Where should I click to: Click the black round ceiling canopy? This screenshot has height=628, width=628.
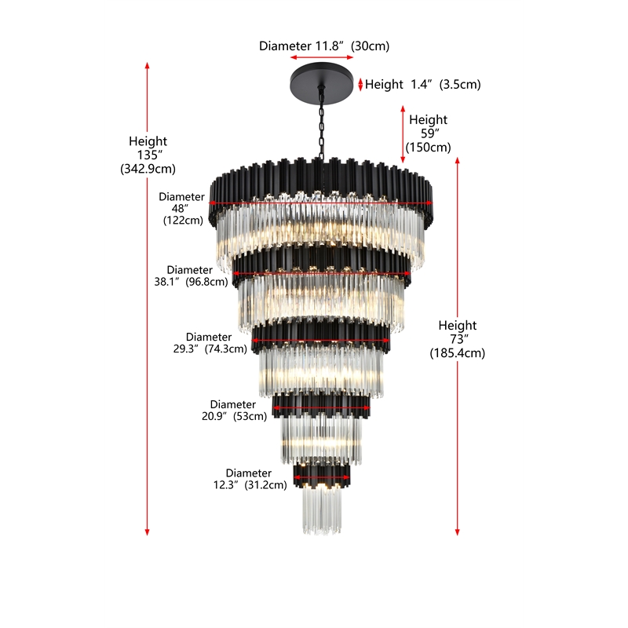point(322,85)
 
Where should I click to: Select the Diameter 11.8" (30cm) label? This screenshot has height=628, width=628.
point(324,46)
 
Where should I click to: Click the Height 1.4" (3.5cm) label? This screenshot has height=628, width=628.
point(422,85)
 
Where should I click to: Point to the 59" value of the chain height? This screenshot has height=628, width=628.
point(429,133)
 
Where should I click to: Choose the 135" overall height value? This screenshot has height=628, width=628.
point(149,155)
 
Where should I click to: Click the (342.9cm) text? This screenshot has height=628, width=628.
point(148,169)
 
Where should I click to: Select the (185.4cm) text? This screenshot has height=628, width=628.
point(458,352)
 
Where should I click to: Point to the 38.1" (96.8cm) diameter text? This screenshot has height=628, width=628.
point(191,282)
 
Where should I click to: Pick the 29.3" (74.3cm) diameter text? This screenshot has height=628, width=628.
point(210,349)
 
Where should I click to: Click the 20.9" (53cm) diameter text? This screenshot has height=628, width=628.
point(234,416)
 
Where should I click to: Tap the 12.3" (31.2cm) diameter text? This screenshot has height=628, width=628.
point(250,485)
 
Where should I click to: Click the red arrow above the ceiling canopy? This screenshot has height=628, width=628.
point(322,57)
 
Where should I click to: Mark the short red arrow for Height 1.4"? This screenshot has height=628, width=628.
point(360,85)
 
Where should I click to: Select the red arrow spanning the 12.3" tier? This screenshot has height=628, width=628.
point(322,477)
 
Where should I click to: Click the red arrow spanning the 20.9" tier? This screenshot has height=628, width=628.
point(321,408)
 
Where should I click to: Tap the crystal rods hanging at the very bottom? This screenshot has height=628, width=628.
point(322,512)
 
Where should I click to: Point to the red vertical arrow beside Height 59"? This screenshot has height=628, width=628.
point(403,134)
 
